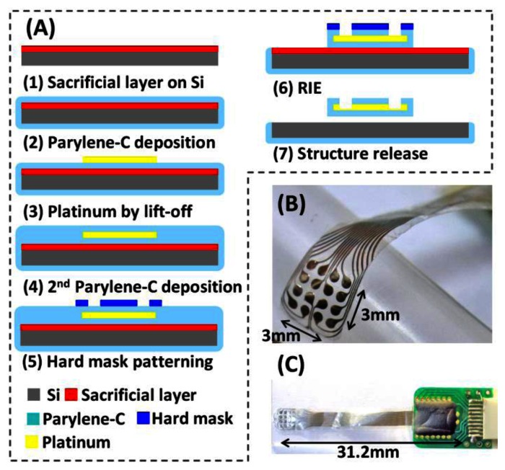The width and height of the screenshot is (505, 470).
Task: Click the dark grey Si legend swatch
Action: [x=29, y=394]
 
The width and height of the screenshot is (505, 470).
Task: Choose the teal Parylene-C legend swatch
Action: [x=29, y=417]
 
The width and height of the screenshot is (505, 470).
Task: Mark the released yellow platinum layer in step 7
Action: [x=369, y=109]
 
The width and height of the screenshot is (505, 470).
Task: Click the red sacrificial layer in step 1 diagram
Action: [x=120, y=49]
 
